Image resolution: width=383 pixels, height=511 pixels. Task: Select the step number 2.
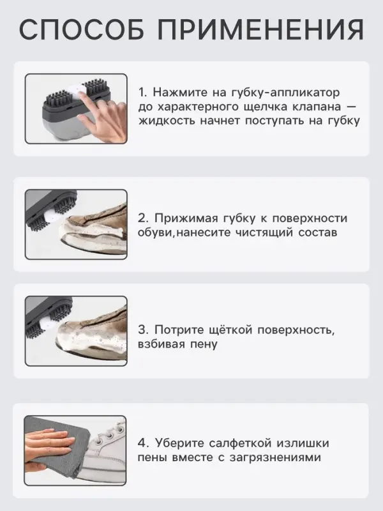[x=142, y=218]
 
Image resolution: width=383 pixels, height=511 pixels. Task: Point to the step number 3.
[x=142, y=330]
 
